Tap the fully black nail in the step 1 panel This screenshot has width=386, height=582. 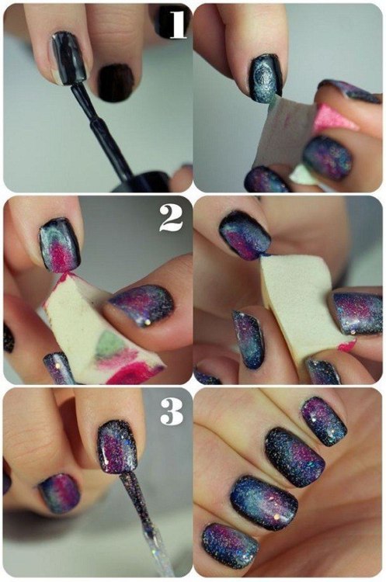(116, 82)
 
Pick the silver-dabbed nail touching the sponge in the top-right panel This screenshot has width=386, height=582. (265, 78)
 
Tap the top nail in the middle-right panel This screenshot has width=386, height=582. (244, 234)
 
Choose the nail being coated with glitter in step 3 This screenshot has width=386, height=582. (117, 445)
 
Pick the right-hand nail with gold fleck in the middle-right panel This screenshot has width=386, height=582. (357, 312)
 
